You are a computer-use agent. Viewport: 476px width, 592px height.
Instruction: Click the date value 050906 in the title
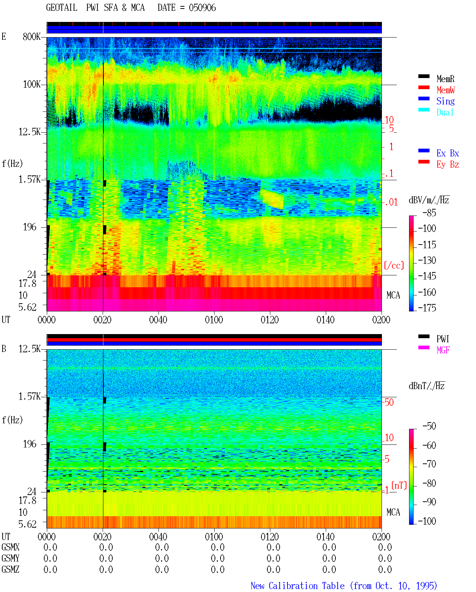(x=202, y=8)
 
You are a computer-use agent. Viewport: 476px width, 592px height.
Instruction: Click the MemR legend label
(x=446, y=79)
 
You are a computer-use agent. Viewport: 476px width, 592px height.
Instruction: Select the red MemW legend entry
(x=446, y=90)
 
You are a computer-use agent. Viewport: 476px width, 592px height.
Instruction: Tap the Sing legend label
(x=446, y=101)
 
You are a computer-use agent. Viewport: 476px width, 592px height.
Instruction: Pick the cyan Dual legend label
(x=445, y=112)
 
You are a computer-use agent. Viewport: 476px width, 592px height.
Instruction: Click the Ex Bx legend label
(x=448, y=153)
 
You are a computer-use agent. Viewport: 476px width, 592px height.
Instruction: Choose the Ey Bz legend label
(x=448, y=165)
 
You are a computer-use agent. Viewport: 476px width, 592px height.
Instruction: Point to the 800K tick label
(x=32, y=37)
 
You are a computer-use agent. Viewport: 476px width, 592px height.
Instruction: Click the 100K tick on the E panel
(x=32, y=84)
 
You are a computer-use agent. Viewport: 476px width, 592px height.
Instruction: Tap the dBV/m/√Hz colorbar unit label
(x=429, y=200)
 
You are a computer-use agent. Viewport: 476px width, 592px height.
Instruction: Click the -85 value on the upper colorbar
(x=429, y=213)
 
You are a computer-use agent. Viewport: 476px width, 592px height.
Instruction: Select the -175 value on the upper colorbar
(x=427, y=308)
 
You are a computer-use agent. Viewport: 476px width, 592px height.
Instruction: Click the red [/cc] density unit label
(x=394, y=265)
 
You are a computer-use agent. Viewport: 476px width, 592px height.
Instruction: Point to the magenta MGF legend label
(x=443, y=350)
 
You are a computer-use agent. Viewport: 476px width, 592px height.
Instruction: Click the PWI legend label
(x=443, y=339)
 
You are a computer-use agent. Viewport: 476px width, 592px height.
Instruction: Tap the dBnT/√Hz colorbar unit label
(x=427, y=386)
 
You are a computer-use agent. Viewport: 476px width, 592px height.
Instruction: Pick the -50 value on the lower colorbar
(x=429, y=426)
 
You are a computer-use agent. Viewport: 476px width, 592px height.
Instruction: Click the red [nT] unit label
(x=399, y=485)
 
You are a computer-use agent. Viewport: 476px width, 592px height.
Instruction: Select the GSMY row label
(x=10, y=559)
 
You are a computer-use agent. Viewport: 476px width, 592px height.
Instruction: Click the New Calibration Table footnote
(x=344, y=586)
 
